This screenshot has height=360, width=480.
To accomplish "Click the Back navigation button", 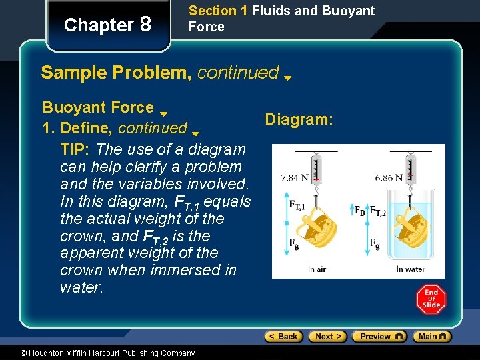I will (x=283, y=337).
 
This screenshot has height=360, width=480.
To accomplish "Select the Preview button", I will (x=379, y=337).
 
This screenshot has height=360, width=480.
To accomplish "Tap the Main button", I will (x=431, y=337).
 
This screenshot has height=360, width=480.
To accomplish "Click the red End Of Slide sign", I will (x=431, y=299).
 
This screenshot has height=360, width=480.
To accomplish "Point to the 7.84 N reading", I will (x=295, y=178).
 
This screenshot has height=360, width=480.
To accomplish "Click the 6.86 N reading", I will (x=388, y=178).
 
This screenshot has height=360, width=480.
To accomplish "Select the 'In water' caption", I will (x=411, y=269).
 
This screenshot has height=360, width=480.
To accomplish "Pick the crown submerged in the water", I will (x=409, y=227).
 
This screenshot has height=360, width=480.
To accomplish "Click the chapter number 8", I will (x=145, y=25).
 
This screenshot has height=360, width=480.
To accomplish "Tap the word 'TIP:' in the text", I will (x=76, y=149).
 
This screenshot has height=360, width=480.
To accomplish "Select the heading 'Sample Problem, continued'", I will (x=160, y=73).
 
